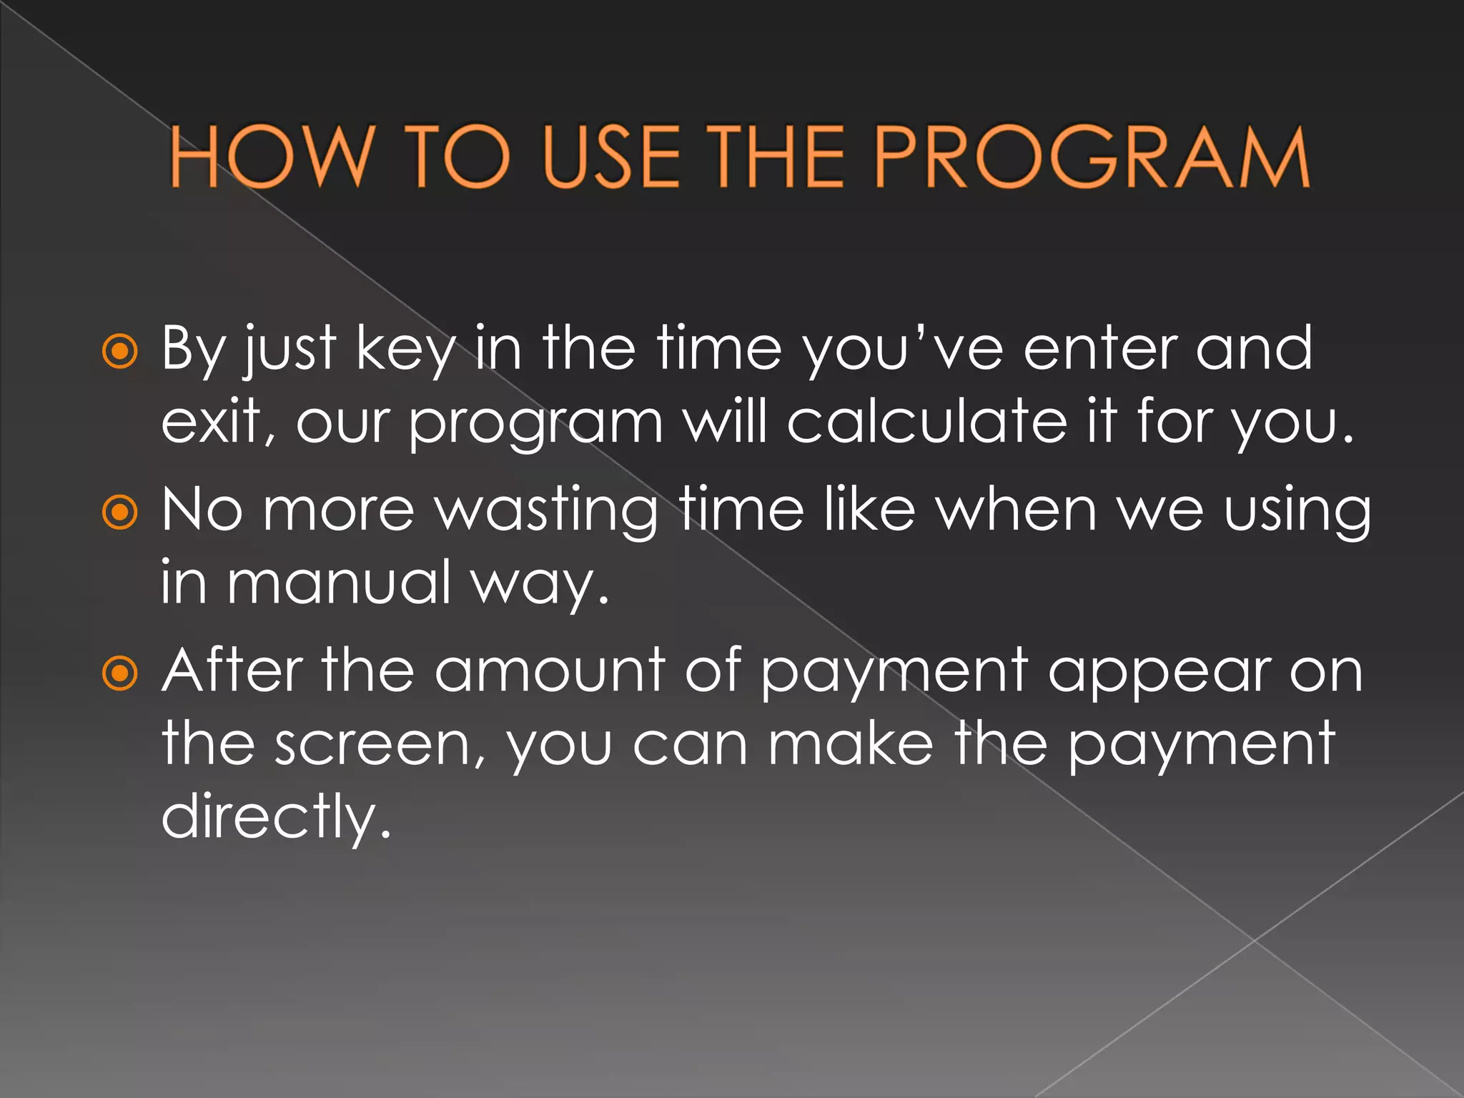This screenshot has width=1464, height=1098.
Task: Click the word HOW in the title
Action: (x=271, y=157)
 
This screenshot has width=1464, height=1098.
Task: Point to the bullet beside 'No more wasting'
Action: (x=119, y=512)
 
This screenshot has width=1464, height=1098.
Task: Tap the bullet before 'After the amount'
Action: (x=119, y=673)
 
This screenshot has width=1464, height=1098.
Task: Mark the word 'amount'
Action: (x=550, y=670)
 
